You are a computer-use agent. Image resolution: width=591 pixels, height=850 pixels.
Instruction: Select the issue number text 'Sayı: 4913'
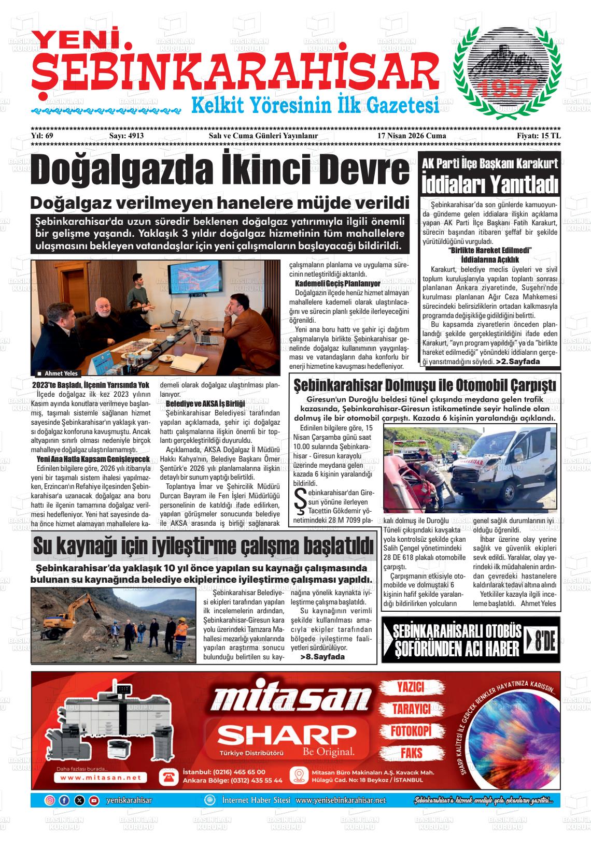coord(126,136)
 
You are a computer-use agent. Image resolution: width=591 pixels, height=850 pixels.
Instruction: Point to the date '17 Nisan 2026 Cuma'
coord(412,136)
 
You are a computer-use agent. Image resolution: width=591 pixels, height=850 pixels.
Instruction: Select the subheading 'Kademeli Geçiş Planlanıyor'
coord(337,284)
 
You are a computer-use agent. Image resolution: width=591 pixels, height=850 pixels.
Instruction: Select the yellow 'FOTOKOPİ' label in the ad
coord(411,731)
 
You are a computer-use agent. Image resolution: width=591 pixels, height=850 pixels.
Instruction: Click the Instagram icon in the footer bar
coord(50,800)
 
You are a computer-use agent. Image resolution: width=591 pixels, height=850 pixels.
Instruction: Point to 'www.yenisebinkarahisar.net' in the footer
coord(341,800)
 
